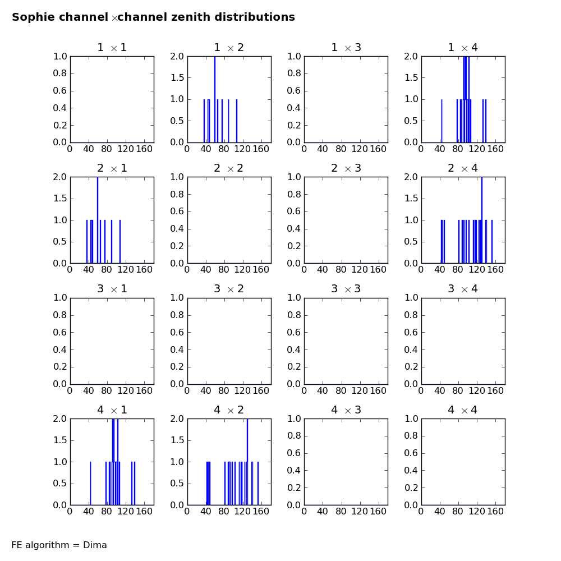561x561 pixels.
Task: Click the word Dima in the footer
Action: point(95,545)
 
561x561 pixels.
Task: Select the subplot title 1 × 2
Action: point(229,48)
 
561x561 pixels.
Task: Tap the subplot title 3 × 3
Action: point(346,289)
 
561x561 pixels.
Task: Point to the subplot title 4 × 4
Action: point(463,410)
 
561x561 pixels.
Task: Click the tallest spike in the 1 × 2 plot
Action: point(215,99)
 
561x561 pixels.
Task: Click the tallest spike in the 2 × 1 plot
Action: point(98,220)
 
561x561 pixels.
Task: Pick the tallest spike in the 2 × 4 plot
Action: point(482,220)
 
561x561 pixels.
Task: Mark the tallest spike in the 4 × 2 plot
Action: point(247,462)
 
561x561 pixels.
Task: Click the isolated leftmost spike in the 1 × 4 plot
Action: point(442,121)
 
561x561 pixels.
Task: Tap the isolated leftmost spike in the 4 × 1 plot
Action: point(90,484)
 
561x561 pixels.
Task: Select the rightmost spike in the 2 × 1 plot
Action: point(120,241)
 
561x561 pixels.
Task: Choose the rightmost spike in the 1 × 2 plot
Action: point(237,121)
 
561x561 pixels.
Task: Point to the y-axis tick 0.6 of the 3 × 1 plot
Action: point(60,332)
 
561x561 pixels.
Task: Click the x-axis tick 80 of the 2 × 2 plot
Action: point(224,269)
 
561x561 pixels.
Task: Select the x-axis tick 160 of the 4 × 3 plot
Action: point(378,511)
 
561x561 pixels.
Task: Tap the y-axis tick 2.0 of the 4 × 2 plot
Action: point(177,419)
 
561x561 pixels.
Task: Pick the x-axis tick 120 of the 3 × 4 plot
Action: point(476,390)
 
